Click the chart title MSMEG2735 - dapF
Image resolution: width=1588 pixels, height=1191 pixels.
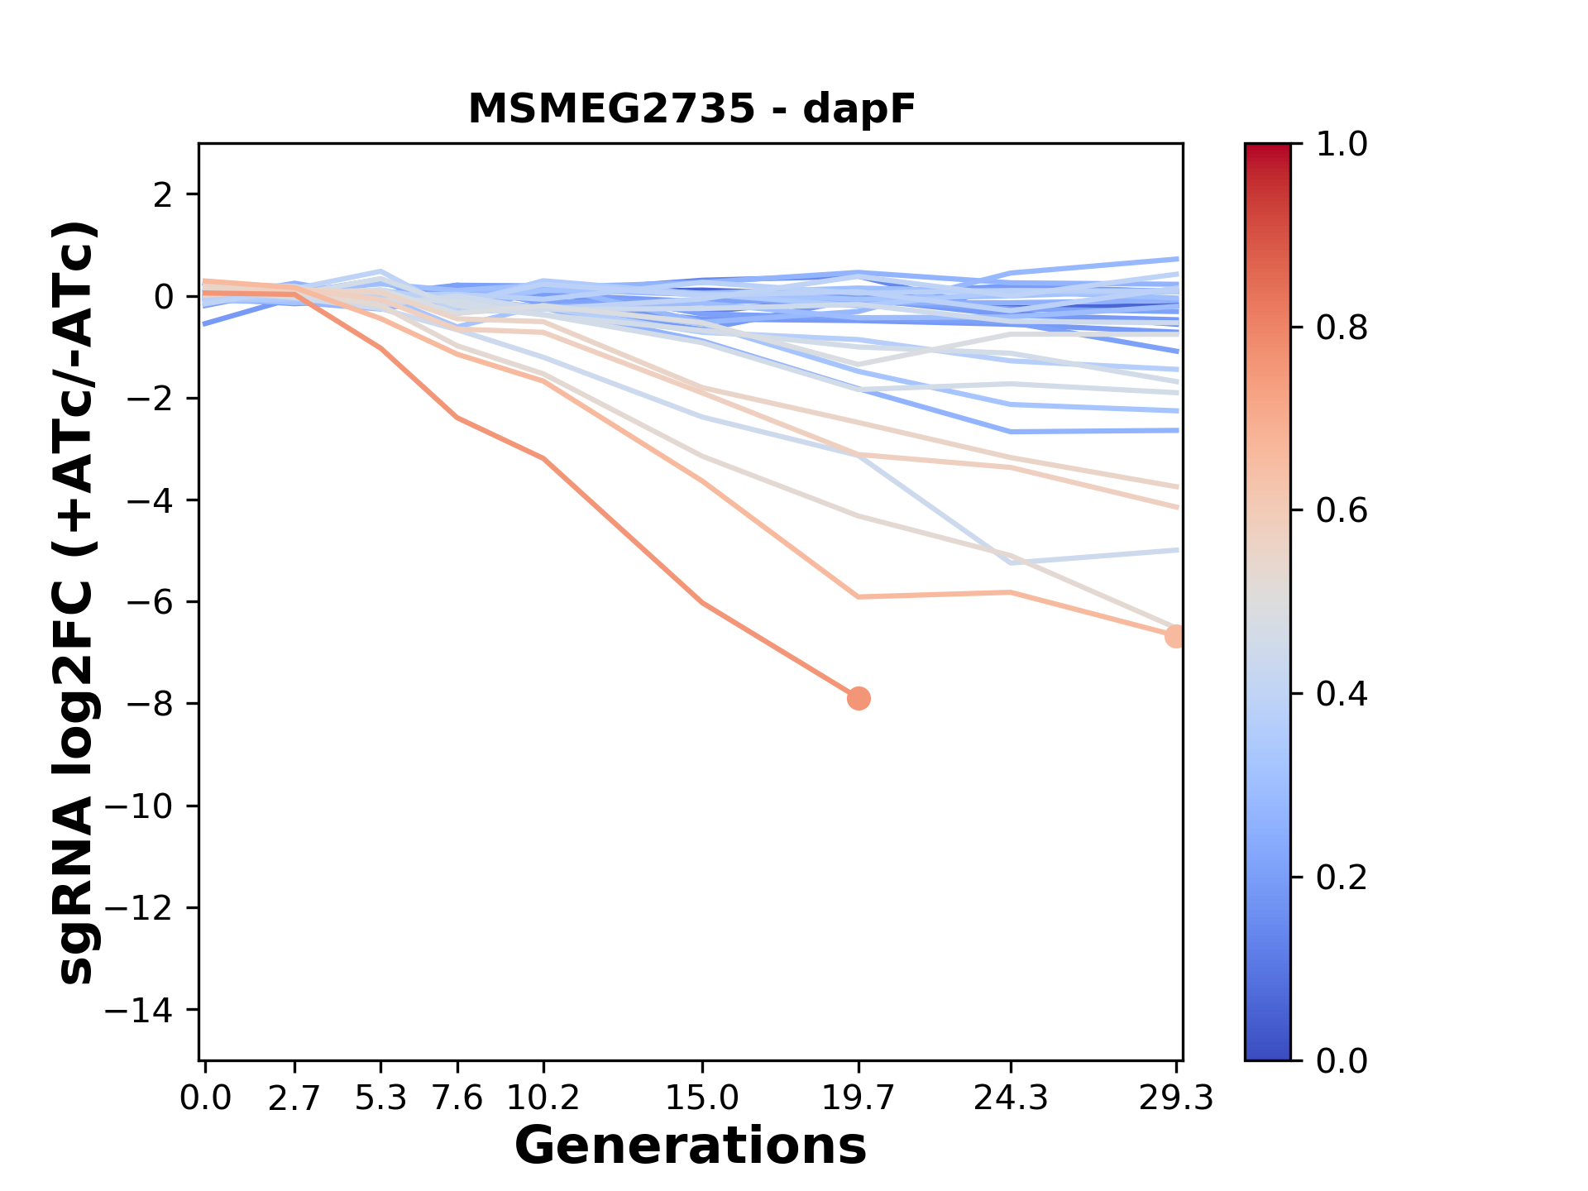(691, 109)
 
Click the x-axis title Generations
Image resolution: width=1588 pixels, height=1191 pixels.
(691, 1146)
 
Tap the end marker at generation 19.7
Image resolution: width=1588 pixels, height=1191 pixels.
(859, 698)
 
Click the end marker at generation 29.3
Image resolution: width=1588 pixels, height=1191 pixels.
(1174, 636)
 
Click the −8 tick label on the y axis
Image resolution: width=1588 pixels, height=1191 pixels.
(150, 704)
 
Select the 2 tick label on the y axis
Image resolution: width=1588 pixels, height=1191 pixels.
(162, 195)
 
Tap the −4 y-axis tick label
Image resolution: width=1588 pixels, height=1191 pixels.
(150, 500)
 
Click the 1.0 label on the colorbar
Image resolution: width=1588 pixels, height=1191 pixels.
(1342, 145)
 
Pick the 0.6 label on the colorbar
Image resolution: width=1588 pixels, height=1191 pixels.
(1342, 511)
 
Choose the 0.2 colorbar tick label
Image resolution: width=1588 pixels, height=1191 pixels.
(1342, 878)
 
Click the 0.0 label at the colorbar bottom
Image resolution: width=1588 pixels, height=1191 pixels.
(1342, 1061)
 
